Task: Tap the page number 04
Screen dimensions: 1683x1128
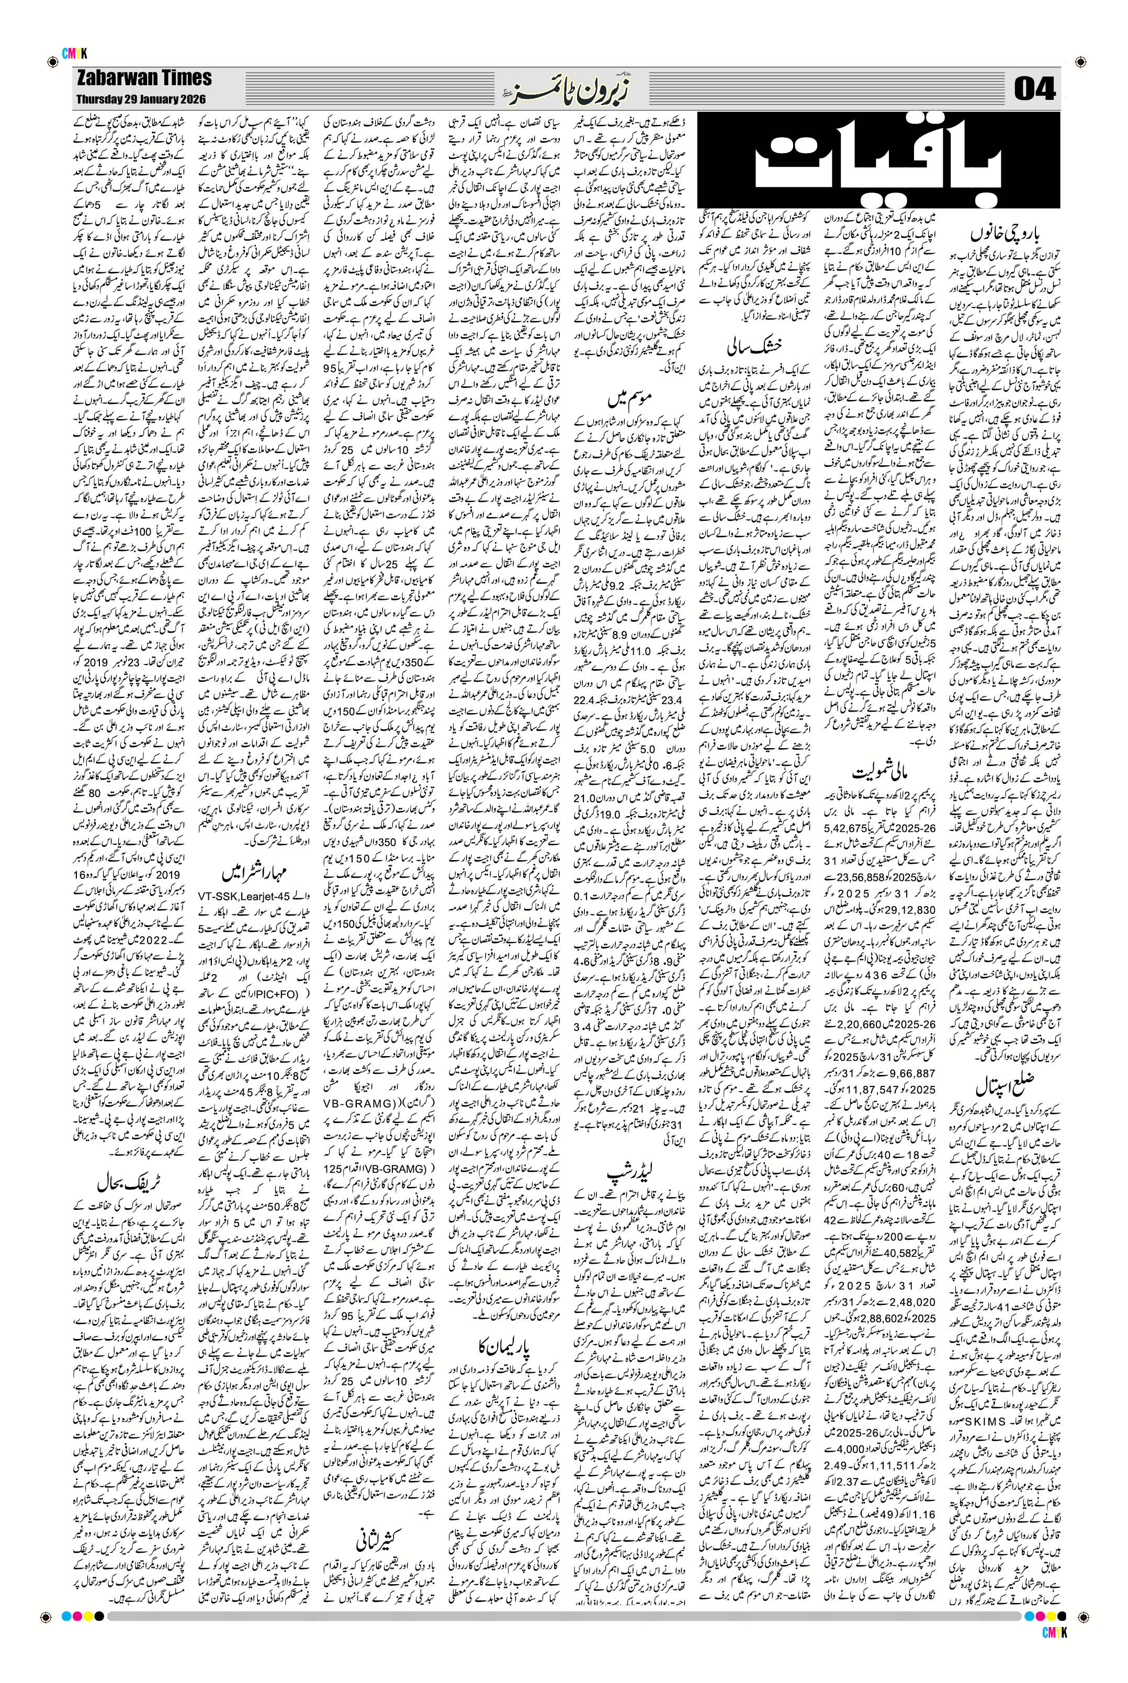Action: tap(1034, 89)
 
